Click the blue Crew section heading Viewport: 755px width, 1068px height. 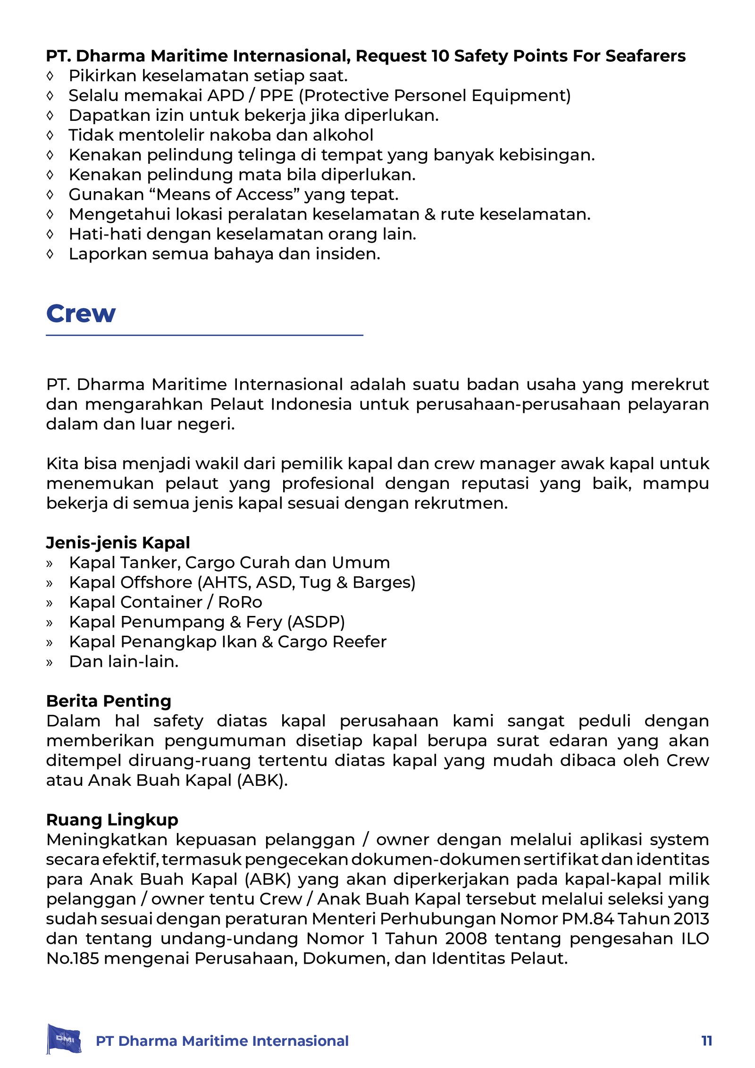click(81, 313)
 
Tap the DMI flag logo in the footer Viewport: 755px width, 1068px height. click(64, 1039)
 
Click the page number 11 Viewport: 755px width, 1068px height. click(706, 1041)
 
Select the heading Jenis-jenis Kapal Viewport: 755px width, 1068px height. click(118, 543)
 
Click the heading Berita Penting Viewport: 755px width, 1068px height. click(109, 701)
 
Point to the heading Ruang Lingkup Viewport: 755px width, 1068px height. click(112, 820)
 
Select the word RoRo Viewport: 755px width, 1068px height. click(240, 602)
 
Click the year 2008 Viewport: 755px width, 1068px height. click(466, 939)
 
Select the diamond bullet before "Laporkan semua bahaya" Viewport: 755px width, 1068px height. click(50, 254)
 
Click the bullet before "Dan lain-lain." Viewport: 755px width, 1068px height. click(50, 662)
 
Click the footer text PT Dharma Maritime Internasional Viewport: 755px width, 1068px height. click(222, 1041)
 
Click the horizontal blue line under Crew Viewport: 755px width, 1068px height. click(204, 335)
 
